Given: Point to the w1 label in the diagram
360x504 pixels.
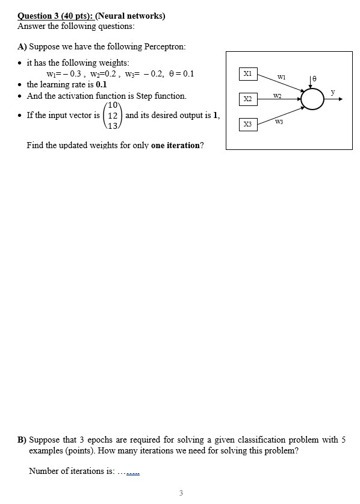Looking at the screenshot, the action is [x=281, y=76].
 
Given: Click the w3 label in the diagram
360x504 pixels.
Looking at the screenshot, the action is [x=278, y=122].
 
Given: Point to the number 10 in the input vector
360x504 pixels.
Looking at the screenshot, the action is [x=114, y=105].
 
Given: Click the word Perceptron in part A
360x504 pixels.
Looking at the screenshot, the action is [x=166, y=46].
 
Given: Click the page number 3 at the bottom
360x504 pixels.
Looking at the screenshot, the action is [x=181, y=493].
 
